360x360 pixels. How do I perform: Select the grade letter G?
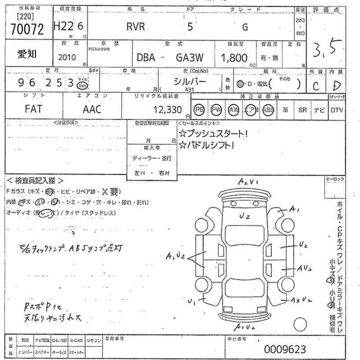point(245,27)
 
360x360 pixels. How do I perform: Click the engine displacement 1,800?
point(234,58)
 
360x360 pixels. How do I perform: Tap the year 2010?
point(67,58)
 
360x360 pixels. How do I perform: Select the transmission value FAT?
point(34,109)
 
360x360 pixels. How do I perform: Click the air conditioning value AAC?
point(92,109)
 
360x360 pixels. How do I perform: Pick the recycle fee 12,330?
point(166,109)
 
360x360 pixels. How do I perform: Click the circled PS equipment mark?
point(199,109)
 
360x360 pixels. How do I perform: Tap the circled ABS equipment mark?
point(269,109)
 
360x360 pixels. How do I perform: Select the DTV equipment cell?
point(336,109)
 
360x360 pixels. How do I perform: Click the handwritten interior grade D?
point(337,85)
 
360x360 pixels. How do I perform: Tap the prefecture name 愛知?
point(27,54)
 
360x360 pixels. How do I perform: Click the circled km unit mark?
point(82,85)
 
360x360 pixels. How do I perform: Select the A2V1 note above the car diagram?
point(248,182)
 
